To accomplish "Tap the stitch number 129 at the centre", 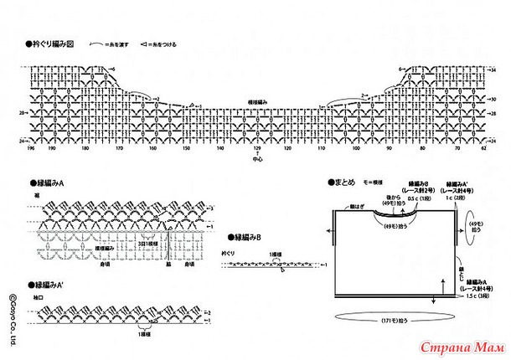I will pos(257,149).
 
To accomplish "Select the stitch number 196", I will pos(30,149).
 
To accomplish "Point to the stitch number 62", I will pos(484,149).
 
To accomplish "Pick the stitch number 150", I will pos(186,149).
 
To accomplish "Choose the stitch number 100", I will pos(356,149).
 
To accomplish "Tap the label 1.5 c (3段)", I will pos(474,297).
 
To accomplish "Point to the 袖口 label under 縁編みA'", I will pos(39,297).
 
